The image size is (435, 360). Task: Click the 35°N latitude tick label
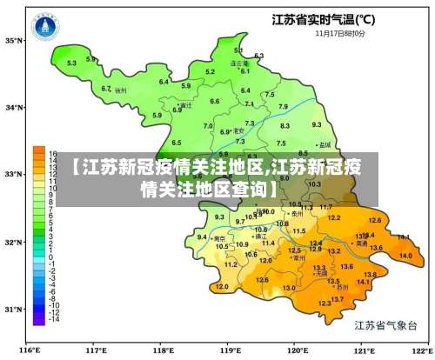click(x=16, y=40)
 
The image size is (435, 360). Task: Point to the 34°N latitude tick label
click(x=16, y=108)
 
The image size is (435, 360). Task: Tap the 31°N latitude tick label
click(x=16, y=309)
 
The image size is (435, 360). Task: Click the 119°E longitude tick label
click(x=231, y=350)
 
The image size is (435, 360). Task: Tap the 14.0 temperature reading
click(x=405, y=256)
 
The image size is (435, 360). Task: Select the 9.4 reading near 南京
click(x=202, y=237)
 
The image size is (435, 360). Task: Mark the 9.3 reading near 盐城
click(x=316, y=125)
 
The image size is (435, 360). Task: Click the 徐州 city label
click(x=121, y=90)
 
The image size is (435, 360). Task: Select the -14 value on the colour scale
click(x=53, y=320)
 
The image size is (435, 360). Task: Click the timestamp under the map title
click(x=339, y=33)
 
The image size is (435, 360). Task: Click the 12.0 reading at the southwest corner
click(x=222, y=286)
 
